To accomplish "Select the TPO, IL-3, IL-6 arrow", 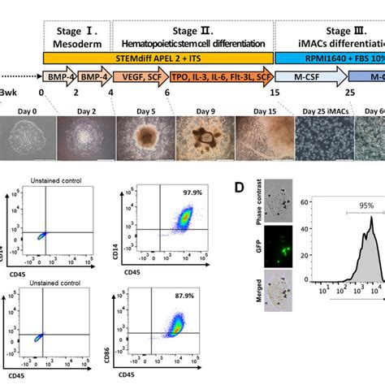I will [219, 79].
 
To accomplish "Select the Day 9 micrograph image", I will [205, 137].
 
